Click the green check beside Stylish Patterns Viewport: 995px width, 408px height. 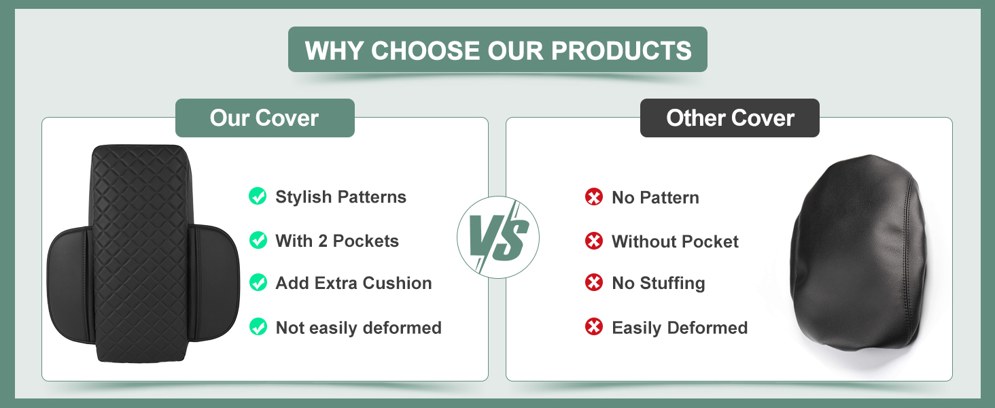tap(258, 196)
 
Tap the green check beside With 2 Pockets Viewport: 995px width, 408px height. tap(258, 240)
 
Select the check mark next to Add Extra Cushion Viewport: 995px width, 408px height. tap(258, 282)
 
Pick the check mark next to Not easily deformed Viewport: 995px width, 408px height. tap(258, 326)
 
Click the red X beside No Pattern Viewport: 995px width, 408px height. tap(594, 197)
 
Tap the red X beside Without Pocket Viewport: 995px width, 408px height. tap(594, 241)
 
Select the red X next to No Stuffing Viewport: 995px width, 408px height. tap(594, 282)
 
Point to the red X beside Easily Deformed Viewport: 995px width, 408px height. tap(594, 326)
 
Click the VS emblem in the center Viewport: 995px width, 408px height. tap(498, 237)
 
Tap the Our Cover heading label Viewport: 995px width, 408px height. tap(265, 118)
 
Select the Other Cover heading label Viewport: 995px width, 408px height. tap(730, 118)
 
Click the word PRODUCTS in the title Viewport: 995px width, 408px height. tap(621, 50)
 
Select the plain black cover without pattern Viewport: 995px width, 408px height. tap(860, 254)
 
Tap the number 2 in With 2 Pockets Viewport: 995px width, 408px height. tap(323, 241)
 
